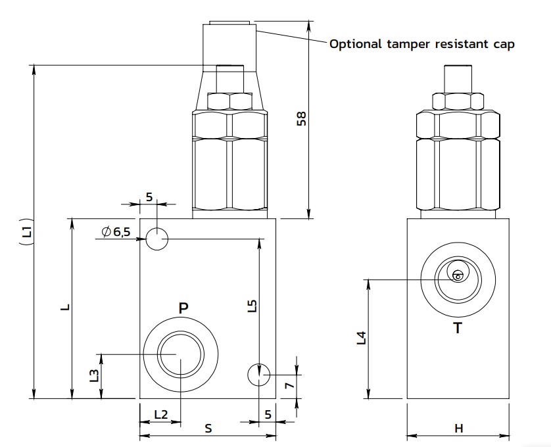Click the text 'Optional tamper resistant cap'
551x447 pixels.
(x=421, y=44)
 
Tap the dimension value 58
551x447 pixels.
(x=301, y=118)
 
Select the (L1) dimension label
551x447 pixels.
(x=26, y=231)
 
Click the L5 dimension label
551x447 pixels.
(x=253, y=306)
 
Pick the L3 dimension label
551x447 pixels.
(x=94, y=376)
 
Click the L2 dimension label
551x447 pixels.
(x=160, y=414)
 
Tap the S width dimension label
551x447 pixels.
(x=208, y=429)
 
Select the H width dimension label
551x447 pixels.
(x=459, y=429)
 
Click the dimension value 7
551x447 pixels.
(x=287, y=387)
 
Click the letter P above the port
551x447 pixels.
(x=183, y=307)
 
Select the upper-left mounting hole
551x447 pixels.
(x=156, y=238)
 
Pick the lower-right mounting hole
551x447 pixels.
(x=259, y=375)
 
